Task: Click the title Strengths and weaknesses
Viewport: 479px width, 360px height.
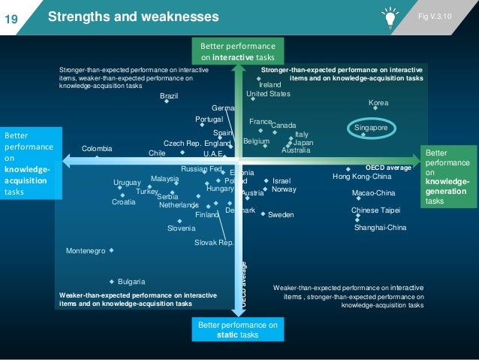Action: [134, 17]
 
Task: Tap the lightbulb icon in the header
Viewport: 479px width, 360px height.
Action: [390, 16]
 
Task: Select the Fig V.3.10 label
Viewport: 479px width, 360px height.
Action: [450, 15]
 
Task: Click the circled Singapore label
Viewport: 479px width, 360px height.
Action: [371, 129]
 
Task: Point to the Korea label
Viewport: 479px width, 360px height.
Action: [378, 102]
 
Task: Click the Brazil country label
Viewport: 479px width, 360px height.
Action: [169, 96]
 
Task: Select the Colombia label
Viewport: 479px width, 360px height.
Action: [97, 149]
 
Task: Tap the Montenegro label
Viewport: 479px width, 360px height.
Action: [86, 251]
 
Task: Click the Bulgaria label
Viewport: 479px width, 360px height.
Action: [131, 282]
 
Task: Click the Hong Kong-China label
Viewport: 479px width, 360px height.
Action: [362, 177]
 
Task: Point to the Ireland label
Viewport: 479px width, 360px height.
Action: [275, 85]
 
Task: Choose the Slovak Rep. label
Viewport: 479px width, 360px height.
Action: [214, 243]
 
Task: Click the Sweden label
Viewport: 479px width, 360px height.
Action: [281, 215]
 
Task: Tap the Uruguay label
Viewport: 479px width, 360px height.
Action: [126, 183]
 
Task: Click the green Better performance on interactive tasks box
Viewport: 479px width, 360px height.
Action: [238, 50]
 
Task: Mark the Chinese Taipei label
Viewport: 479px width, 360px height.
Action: [375, 210]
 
